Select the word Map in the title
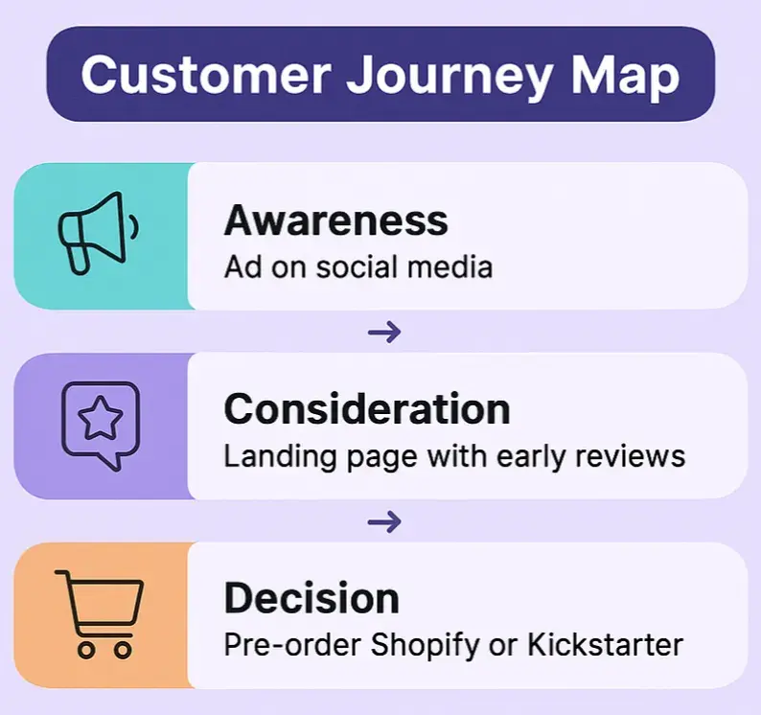tap(622, 74)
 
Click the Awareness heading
tap(335, 220)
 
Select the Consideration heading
tap(366, 409)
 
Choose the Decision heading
tap(311, 599)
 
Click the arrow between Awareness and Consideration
tap(384, 332)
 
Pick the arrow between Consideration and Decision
tap(384, 521)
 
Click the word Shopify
tap(426, 645)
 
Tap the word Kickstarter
tap(607, 644)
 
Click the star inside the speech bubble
tap(99, 419)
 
